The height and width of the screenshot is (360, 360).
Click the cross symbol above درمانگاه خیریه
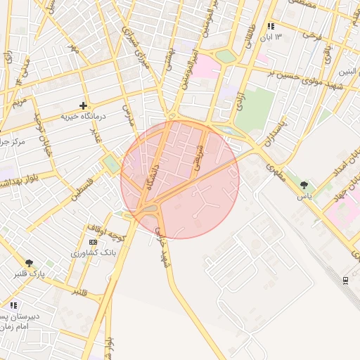[83, 105]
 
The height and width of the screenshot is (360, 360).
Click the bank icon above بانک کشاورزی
[94, 241]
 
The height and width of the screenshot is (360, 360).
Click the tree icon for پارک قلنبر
[29, 263]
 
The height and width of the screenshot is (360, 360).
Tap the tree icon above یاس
[304, 185]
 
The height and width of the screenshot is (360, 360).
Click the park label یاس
[304, 195]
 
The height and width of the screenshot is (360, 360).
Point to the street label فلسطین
[83, 188]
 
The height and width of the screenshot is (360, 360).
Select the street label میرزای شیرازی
[137, 46]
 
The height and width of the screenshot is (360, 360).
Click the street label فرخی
[311, 34]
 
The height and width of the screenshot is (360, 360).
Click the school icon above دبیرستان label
[13, 305]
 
